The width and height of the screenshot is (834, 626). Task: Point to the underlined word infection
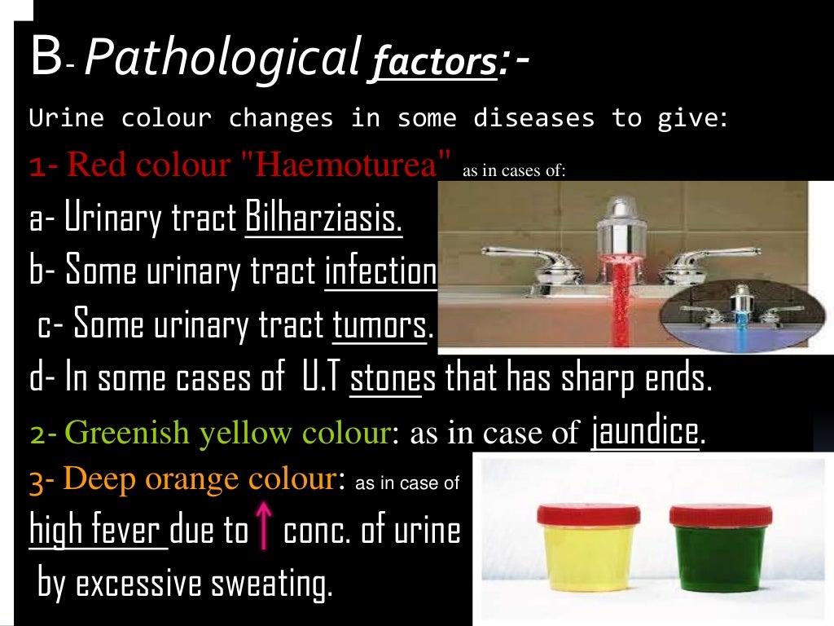point(380,271)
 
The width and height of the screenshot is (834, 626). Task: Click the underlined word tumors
point(380,326)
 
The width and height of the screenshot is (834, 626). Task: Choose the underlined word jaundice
point(645,432)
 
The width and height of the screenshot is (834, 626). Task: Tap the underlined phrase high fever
point(98,531)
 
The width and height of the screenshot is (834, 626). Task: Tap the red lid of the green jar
point(720,514)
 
